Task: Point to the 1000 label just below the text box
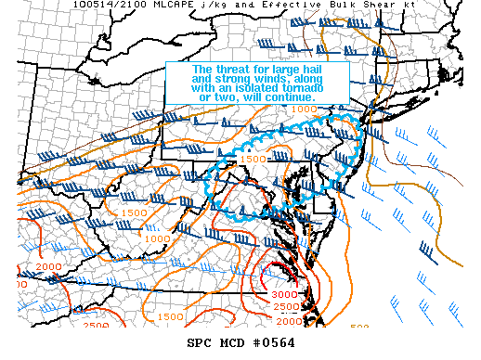(303, 109)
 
